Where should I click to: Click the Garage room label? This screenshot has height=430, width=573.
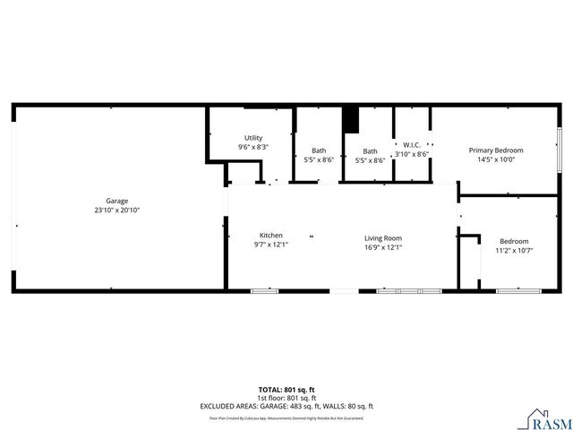(117, 201)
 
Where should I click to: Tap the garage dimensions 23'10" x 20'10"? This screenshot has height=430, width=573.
(117, 210)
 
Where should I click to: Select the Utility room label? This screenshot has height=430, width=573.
(253, 138)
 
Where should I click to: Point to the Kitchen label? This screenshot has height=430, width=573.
(271, 236)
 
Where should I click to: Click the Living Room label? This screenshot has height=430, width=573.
(382, 237)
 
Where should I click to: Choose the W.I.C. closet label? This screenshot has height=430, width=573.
(412, 144)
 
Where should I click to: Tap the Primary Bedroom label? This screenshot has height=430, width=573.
(496, 150)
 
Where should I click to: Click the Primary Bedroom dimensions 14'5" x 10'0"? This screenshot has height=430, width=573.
(496, 159)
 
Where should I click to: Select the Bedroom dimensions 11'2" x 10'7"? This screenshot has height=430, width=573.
(514, 251)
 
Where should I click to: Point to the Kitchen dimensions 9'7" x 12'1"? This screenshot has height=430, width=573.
(271, 245)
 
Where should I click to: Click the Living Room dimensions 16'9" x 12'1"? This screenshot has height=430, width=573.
(382, 246)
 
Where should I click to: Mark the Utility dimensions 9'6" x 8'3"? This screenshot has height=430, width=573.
(253, 147)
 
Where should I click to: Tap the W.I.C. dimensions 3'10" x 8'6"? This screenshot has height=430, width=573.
(412, 154)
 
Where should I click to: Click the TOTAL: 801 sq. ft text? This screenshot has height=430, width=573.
(286, 389)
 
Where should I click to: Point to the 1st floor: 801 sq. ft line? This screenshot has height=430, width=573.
(286, 398)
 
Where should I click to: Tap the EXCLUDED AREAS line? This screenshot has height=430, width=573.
(286, 407)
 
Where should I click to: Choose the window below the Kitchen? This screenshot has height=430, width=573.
(264, 291)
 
